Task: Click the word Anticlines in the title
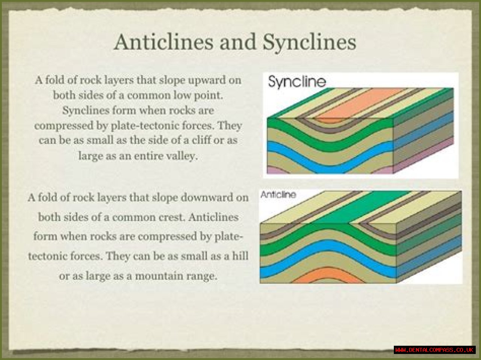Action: coord(163,42)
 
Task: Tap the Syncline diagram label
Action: coord(297,81)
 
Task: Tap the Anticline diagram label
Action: coord(278,194)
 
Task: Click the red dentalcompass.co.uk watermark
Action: coord(434,350)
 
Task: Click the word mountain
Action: coord(159,276)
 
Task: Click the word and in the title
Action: coord(238,42)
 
